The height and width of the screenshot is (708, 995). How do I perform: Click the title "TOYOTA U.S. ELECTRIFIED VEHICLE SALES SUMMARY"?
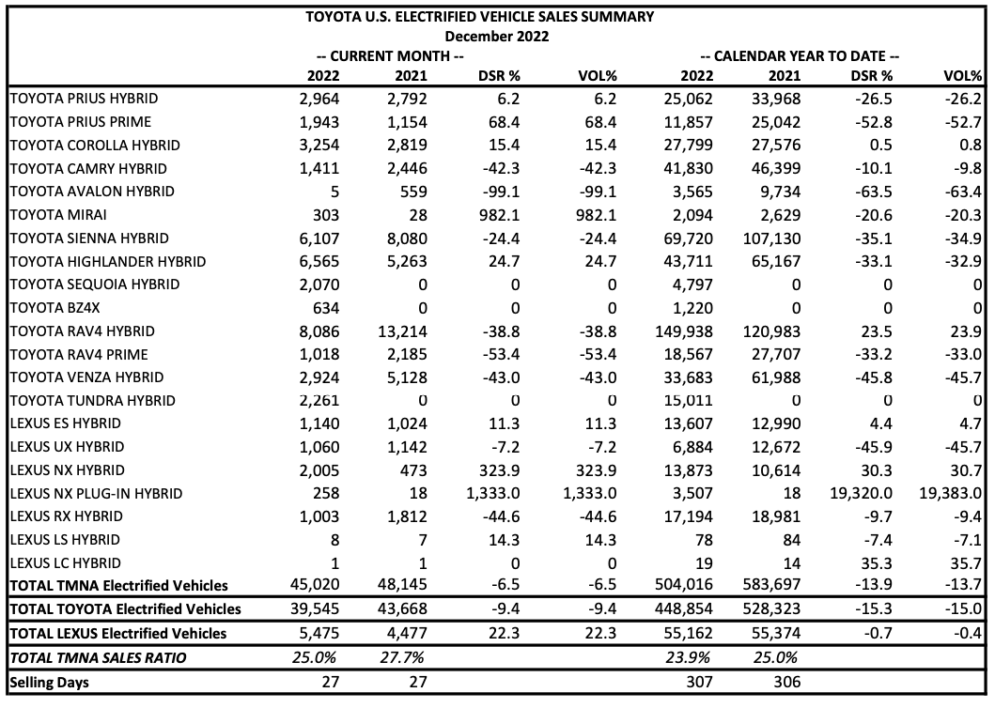point(480,17)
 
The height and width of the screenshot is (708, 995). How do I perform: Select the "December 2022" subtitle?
point(497,37)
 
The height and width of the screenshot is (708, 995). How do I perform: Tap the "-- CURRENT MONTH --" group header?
point(390,55)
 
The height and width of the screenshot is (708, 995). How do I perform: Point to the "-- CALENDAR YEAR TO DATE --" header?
point(800,55)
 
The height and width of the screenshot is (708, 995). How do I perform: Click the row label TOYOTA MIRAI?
point(58,214)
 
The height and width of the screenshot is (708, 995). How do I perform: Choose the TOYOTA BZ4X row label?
point(55,308)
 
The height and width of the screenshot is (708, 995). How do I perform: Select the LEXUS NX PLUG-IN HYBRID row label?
point(97,493)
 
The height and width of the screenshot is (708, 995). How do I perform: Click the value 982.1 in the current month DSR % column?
point(500,215)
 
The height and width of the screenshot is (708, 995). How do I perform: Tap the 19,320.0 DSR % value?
point(861,493)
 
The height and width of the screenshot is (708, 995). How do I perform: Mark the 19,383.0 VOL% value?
point(951,493)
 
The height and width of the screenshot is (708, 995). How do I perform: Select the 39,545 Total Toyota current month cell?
point(315,608)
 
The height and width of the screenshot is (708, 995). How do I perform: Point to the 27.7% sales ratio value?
point(402,657)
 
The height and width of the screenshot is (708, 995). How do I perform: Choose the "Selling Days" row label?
point(50,683)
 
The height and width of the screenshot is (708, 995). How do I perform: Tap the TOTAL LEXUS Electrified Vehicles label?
point(118,633)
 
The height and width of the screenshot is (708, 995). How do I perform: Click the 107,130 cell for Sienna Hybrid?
point(771,239)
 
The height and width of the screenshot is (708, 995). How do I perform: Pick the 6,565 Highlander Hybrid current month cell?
point(319,261)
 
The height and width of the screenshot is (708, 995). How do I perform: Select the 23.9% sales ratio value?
point(688,657)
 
